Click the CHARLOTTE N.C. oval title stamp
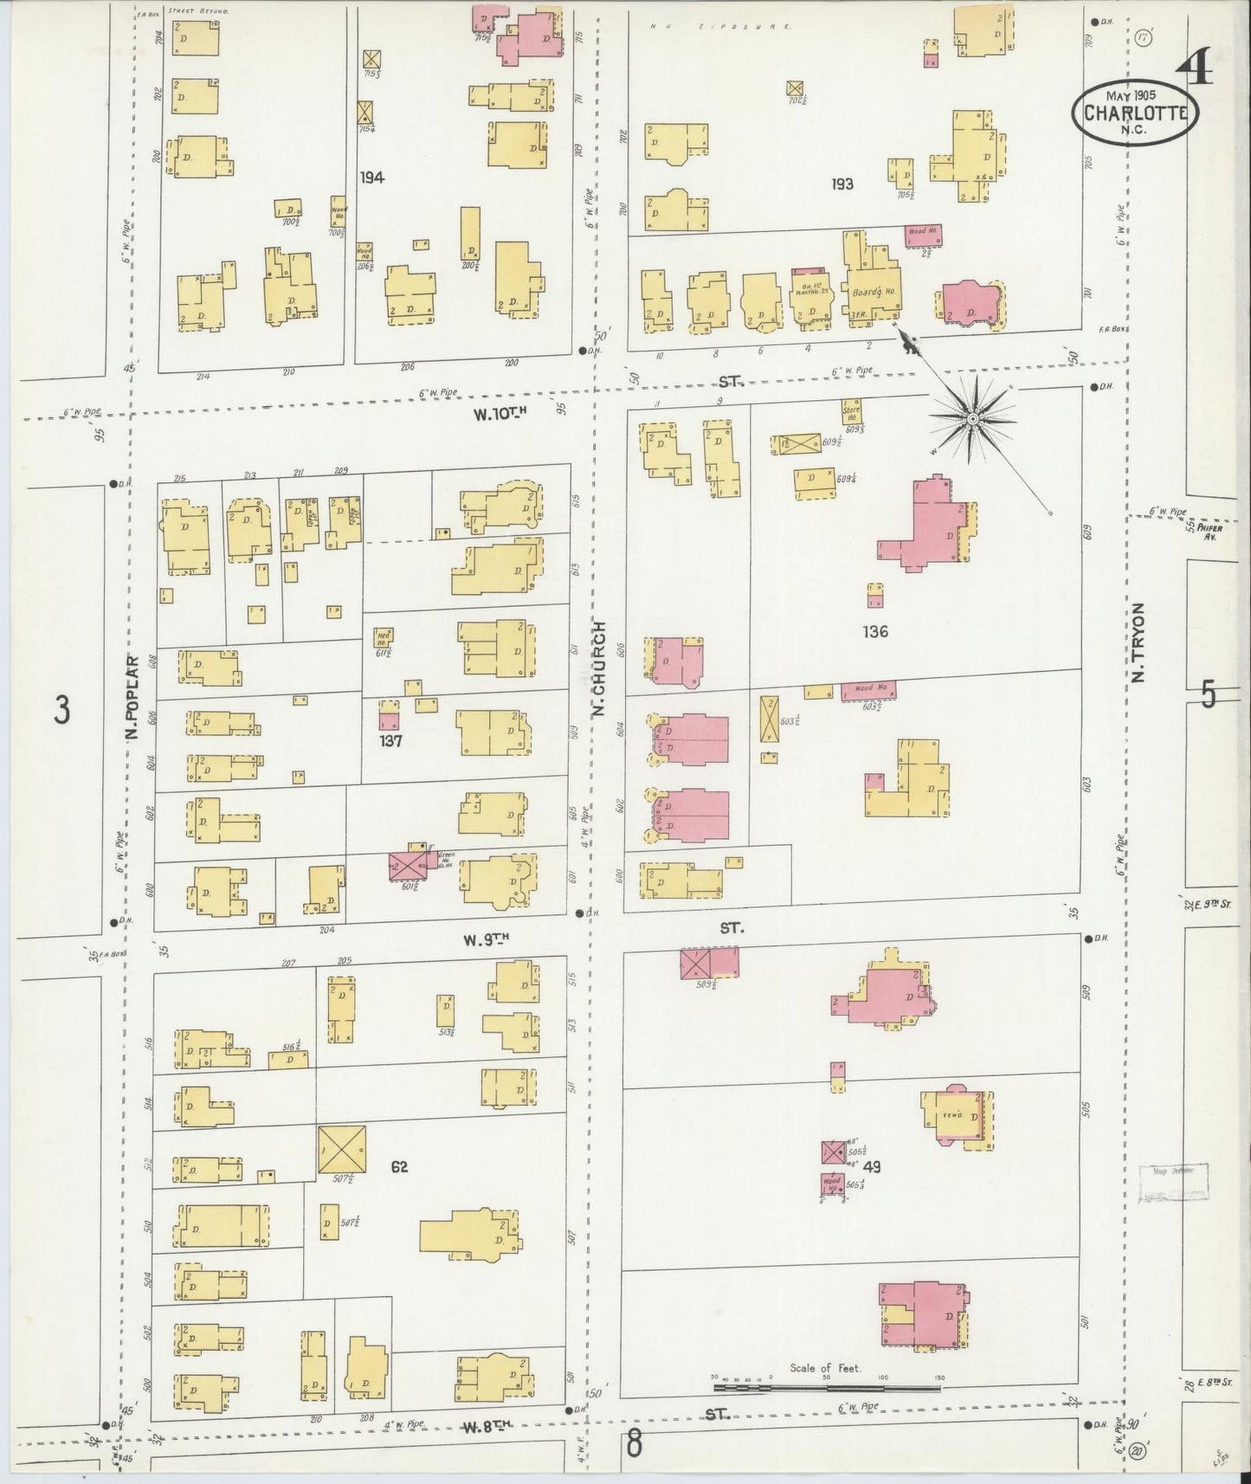click(x=1135, y=111)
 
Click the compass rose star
click(x=972, y=420)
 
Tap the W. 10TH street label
click(x=500, y=414)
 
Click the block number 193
click(x=842, y=184)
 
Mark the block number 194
click(x=372, y=177)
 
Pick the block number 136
click(x=874, y=631)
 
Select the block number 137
click(x=390, y=741)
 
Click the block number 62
click(x=398, y=1166)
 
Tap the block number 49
click(x=872, y=1166)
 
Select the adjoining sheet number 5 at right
click(x=1209, y=694)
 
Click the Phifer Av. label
click(x=1209, y=531)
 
